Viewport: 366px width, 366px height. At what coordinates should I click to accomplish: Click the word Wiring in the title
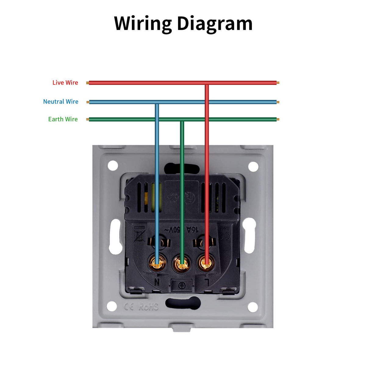143,24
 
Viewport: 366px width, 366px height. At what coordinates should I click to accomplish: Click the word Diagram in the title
215,24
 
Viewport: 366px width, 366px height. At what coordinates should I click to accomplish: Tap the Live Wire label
65,83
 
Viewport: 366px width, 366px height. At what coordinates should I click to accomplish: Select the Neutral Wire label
61,102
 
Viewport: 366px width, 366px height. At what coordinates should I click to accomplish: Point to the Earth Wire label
63,119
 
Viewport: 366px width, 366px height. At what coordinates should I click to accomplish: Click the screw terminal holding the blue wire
157,263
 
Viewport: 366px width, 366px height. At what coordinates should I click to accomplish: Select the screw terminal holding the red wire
206,263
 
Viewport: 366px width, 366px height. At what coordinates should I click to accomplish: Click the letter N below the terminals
157,282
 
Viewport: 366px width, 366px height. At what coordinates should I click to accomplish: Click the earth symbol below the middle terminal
182,285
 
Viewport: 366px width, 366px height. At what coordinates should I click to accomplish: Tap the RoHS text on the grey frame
149,306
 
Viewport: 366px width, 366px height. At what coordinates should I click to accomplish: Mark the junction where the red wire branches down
206,83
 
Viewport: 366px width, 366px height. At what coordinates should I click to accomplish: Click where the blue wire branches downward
157,102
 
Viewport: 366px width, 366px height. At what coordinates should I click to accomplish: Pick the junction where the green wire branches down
182,120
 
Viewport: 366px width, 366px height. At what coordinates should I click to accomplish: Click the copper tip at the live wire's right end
278,83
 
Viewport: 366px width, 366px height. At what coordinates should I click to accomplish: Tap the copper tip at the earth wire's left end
88,120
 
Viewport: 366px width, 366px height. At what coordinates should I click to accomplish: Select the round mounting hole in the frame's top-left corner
113,166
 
